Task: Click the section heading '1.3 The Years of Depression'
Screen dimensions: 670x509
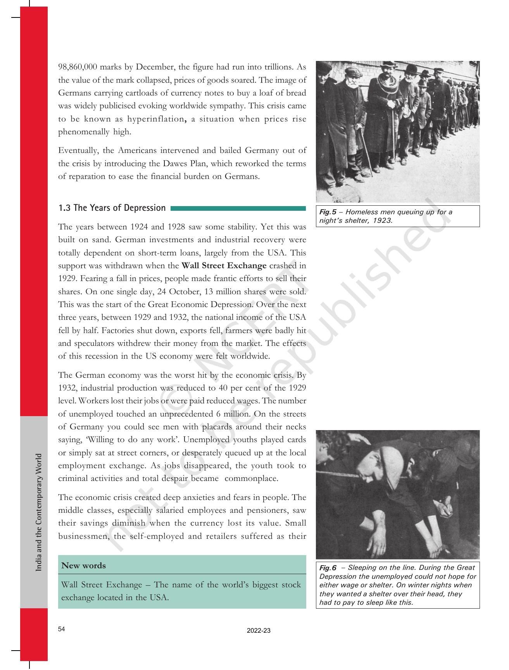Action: [x=112, y=208]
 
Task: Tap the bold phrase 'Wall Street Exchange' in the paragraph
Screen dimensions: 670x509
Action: [x=224, y=266]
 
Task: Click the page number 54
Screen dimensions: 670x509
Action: [x=62, y=629]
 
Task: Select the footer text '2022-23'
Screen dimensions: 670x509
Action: [x=259, y=631]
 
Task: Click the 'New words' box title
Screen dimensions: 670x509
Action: [x=83, y=566]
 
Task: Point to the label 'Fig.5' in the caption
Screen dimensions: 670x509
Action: [x=327, y=212]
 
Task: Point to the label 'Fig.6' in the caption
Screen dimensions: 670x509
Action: [x=328, y=568]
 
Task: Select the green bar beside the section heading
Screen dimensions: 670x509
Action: [x=238, y=208]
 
